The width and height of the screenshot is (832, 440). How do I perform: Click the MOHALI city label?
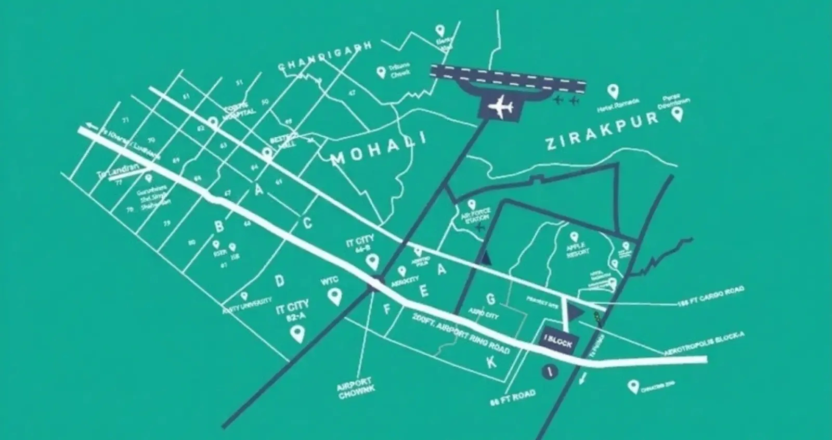379,148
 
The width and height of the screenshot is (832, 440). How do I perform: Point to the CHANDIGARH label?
324,57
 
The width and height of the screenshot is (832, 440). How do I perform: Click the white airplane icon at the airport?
501,107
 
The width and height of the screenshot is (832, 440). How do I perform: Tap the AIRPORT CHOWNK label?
356,387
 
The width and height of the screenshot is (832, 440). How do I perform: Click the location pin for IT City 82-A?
298,333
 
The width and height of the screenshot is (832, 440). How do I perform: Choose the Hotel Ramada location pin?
614,92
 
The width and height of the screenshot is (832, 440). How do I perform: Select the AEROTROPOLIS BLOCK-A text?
705,344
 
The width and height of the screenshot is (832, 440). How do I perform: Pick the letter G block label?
490,299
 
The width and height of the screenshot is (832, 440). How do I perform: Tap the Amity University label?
248,305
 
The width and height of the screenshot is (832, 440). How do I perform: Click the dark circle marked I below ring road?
546,371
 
